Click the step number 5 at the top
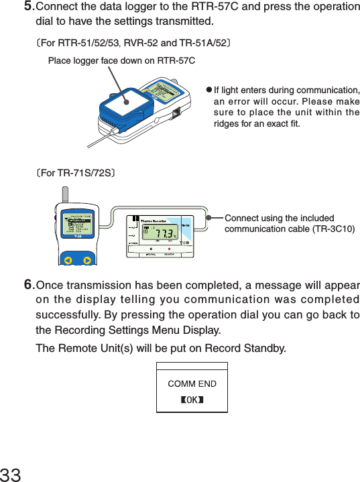pos(28,7)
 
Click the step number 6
pos(28,286)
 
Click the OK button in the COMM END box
pos(192,400)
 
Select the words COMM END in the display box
pos(192,384)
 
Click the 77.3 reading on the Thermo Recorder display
pos(159,235)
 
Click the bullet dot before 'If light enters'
pos(208,91)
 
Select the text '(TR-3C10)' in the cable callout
pos(333,229)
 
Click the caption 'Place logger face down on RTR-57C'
pos(121,61)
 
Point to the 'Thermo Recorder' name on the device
pos(153,221)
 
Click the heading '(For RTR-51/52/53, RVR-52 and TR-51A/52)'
pos(134,43)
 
